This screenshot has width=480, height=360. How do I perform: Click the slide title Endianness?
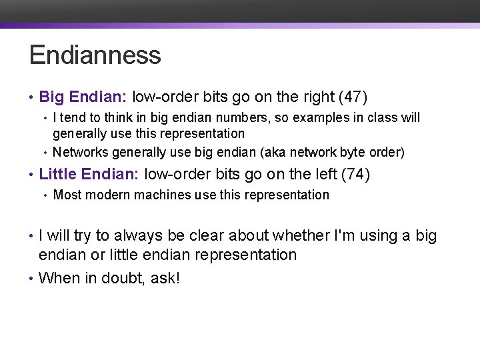[x=95, y=55]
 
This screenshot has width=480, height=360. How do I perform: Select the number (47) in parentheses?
[x=353, y=97]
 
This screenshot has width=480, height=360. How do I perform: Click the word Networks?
[x=81, y=153]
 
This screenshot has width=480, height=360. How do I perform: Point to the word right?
[x=317, y=97]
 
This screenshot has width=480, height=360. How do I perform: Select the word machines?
[x=166, y=195]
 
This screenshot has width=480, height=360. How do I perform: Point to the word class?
[x=380, y=118]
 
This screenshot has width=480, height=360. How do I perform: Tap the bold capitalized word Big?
[x=51, y=97]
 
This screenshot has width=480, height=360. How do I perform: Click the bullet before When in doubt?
[x=31, y=279]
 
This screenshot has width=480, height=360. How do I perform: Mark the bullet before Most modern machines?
[x=45, y=196]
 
